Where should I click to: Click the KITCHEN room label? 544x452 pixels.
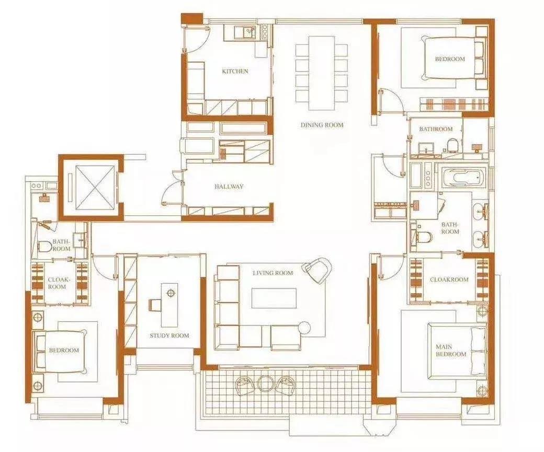click(235, 71)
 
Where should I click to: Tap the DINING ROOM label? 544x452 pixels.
click(322, 125)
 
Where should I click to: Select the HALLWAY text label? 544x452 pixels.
click(229, 187)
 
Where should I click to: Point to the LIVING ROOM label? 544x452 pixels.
click(273, 273)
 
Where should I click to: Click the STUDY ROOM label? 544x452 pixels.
click(169, 335)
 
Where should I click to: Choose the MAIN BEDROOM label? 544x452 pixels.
click(451, 350)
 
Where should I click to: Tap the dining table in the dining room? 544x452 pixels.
click(322, 73)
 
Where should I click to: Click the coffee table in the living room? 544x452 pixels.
click(274, 298)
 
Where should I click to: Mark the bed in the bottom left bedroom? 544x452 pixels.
click(60, 351)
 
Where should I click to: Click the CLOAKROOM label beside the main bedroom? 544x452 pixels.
click(449, 280)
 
